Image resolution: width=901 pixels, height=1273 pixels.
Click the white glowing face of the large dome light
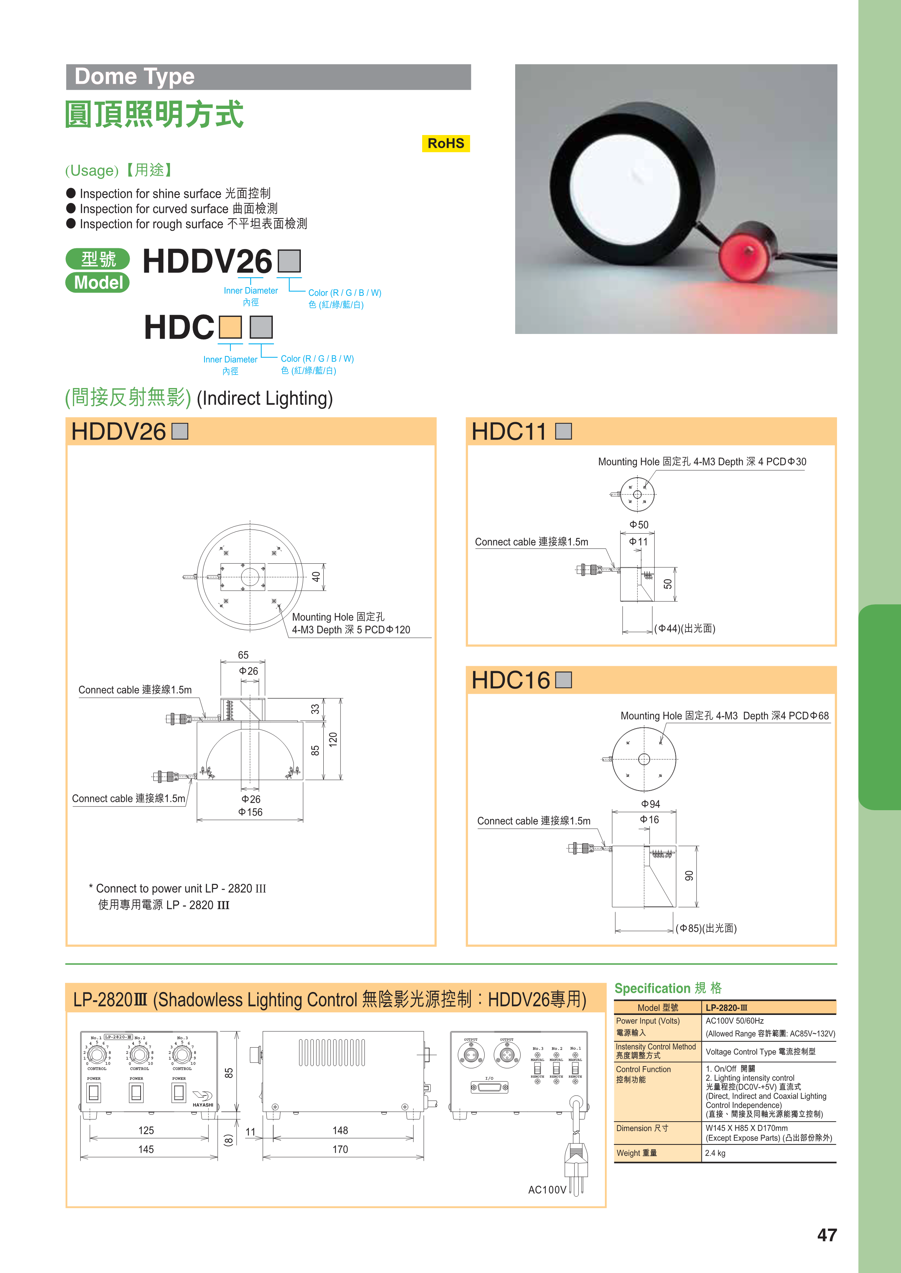(x=625, y=178)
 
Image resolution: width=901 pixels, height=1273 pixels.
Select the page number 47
(x=827, y=1235)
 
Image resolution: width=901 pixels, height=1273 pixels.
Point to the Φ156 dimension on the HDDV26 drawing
(x=250, y=812)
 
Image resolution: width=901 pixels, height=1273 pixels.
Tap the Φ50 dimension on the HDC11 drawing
(x=639, y=525)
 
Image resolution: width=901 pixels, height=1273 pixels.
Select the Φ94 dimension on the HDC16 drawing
(x=650, y=804)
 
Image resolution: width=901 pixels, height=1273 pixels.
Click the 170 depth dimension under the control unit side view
(x=340, y=1149)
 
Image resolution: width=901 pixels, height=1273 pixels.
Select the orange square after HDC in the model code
(x=230, y=327)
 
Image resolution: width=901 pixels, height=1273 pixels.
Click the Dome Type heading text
(x=135, y=77)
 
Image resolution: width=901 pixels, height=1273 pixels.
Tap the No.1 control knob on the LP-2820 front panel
(x=97, y=1053)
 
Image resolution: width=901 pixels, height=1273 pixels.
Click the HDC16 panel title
(x=510, y=680)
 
